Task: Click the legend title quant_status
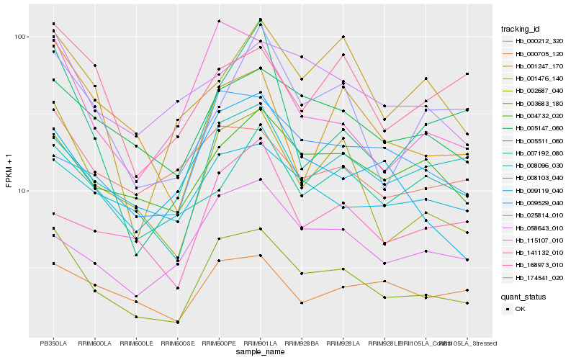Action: (525, 296)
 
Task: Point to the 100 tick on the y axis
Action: (19, 37)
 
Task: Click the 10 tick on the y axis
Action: (22, 191)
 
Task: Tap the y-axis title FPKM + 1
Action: (9, 170)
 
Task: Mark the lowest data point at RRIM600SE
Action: (177, 322)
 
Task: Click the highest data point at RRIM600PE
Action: (219, 21)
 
